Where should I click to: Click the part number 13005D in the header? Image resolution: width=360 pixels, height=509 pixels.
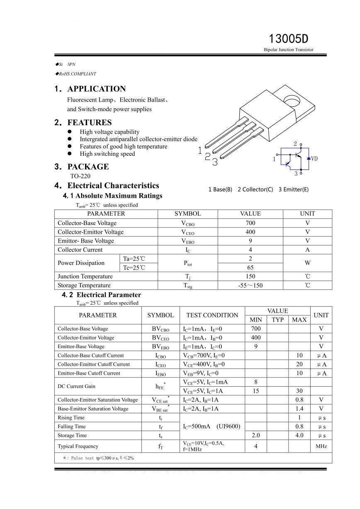coord(289,39)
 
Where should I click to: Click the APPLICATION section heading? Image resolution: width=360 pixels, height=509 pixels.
coord(96,89)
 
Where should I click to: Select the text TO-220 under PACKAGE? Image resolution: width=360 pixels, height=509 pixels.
coord(80,176)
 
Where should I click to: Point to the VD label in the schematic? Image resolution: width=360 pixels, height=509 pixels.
coord(314,158)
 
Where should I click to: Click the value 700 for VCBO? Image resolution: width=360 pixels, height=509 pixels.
coord(250,223)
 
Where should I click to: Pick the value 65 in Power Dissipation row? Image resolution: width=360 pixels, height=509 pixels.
coord(250,267)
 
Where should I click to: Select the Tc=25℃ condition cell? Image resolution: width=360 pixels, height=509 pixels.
coord(134,267)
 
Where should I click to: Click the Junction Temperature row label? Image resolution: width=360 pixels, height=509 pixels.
coord(85,276)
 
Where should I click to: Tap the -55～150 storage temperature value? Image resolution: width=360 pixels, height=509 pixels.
coord(250,285)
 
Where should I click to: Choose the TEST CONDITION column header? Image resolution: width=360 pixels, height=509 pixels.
coord(212,315)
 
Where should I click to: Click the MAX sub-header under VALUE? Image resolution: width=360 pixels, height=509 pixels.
coord(299,320)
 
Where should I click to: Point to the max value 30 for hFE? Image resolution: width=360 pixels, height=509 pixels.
coord(299,391)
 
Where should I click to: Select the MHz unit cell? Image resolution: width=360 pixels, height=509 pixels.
coord(321,446)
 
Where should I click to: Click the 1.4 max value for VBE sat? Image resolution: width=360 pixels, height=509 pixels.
coord(299,409)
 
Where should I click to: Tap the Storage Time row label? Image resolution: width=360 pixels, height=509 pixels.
coord(72,435)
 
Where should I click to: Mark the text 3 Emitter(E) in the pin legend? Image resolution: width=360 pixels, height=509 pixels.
coord(293,189)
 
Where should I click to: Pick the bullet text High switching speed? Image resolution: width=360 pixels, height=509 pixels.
coord(107,154)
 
